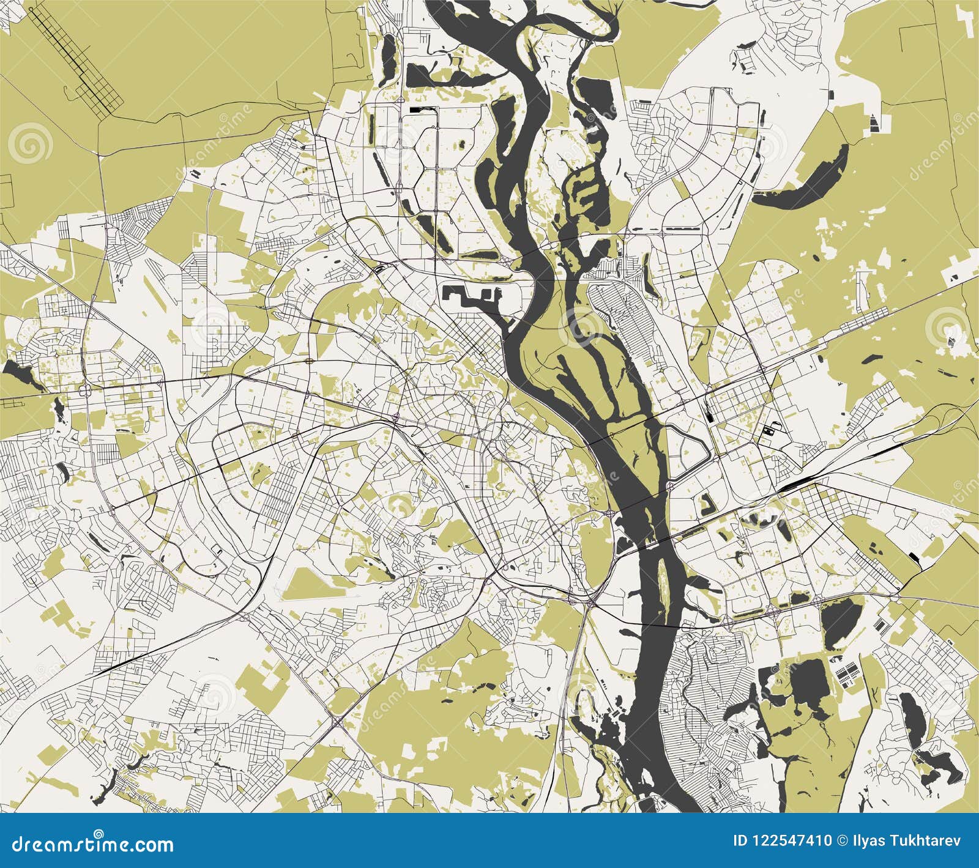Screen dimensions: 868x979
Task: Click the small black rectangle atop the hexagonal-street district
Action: pyautogui.click(x=417, y=109)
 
